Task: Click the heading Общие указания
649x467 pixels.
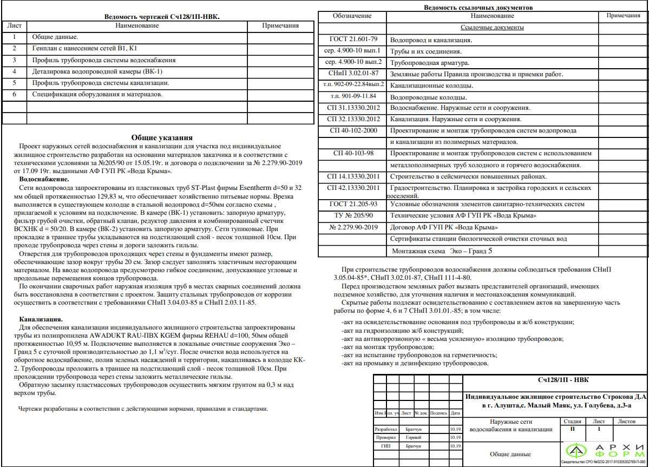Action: click(x=162, y=138)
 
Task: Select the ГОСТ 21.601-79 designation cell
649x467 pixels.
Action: click(x=353, y=40)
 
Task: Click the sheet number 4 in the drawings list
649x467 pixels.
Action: click(x=15, y=71)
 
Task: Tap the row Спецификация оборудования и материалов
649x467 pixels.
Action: click(x=97, y=94)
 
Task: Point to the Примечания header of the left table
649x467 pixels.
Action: click(x=280, y=25)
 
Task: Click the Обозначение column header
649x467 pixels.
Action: click(x=352, y=16)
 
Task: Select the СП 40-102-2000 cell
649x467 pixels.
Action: click(x=353, y=130)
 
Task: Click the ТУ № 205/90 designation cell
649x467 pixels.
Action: click(x=353, y=215)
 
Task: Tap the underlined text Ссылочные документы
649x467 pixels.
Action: click(x=491, y=27)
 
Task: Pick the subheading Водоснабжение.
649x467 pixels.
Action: click(x=44, y=179)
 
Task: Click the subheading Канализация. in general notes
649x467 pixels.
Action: click(x=41, y=320)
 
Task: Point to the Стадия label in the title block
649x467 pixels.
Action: click(x=572, y=421)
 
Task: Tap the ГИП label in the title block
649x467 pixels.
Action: click(x=385, y=446)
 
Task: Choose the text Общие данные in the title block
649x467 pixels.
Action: click(x=510, y=454)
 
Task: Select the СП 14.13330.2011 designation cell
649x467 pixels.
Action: click(x=353, y=176)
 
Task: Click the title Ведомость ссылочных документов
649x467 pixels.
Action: click(x=478, y=8)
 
